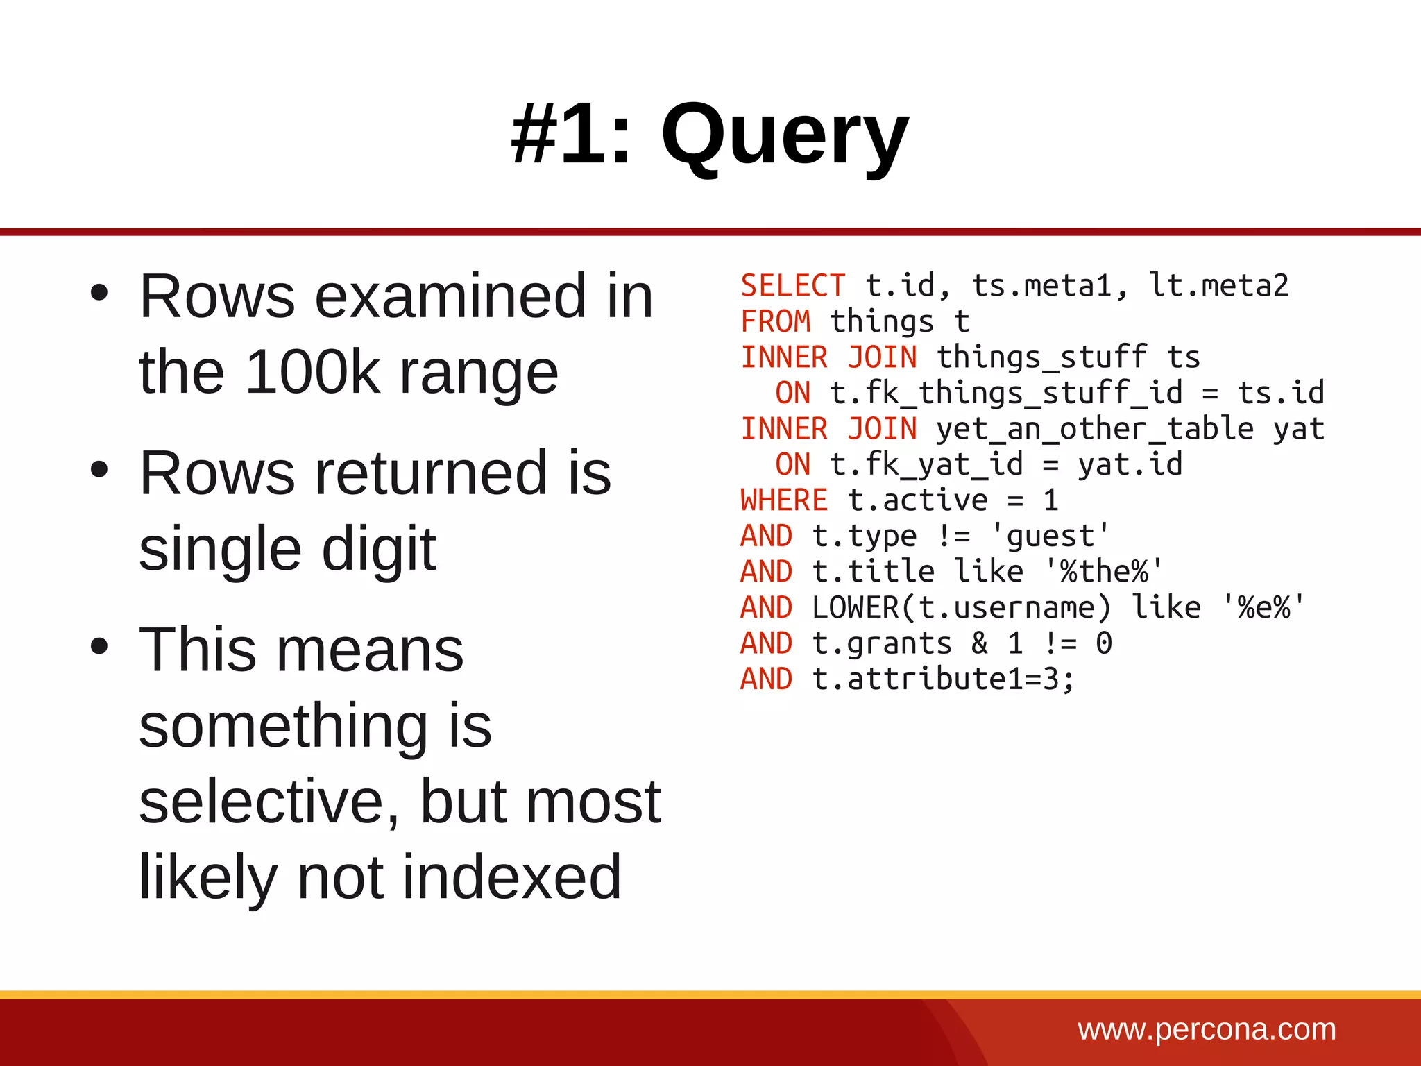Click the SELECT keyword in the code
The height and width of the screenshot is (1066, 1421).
793,286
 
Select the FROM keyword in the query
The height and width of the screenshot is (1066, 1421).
776,322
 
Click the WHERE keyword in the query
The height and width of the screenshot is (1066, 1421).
784,500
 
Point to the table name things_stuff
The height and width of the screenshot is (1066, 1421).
1041,357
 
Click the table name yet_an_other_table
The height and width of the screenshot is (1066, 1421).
1094,429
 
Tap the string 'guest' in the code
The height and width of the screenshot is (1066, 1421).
1050,536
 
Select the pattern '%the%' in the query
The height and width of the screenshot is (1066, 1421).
1104,572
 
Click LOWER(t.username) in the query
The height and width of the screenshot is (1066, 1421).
961,608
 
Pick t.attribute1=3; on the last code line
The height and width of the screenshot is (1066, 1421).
944,679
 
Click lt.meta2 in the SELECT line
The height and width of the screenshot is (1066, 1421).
1219,286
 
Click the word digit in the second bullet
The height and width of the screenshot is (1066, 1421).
379,549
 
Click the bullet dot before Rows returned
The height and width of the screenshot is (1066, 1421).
100,470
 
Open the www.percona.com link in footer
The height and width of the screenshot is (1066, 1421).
1207,1029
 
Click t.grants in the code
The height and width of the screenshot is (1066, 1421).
881,643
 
